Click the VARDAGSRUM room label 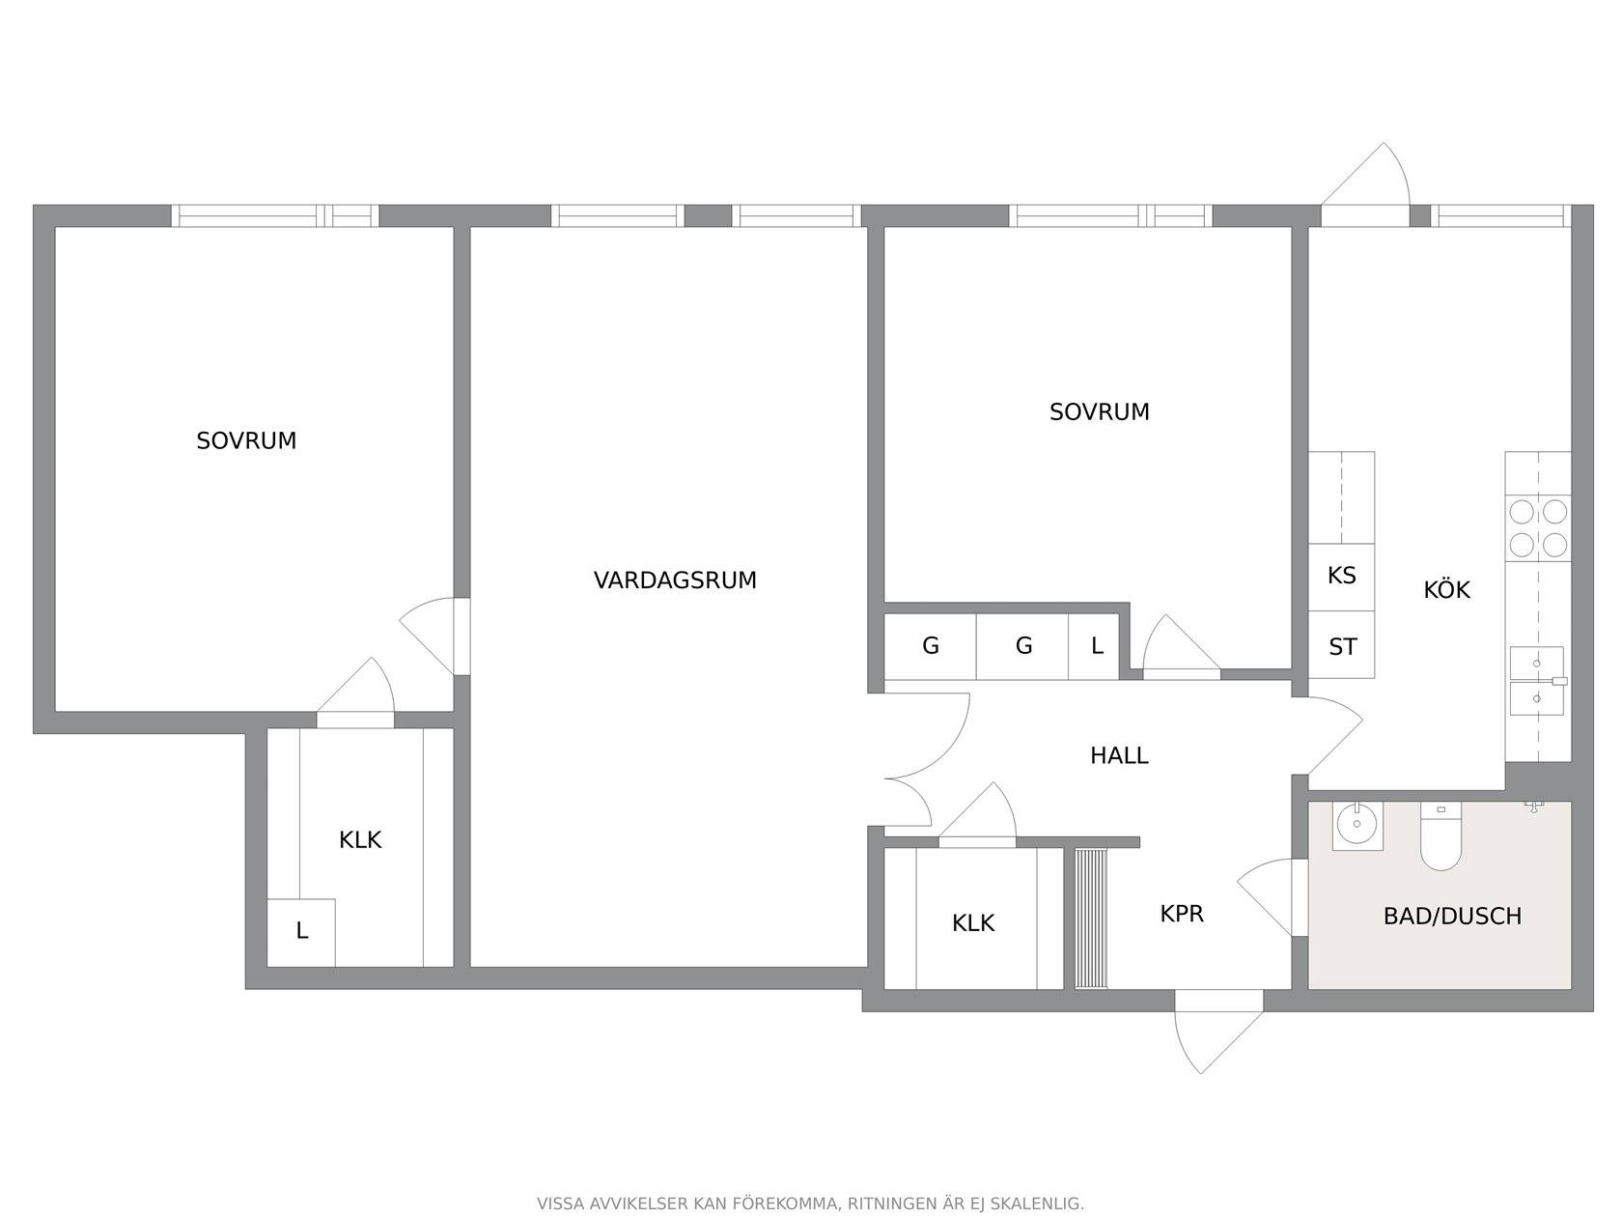[675, 580]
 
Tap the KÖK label [1446, 589]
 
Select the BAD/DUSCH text [1452, 917]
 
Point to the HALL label [1119, 755]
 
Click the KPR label [1182, 914]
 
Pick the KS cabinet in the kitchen [1341, 577]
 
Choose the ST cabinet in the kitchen [1341, 644]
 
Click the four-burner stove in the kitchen [1538, 528]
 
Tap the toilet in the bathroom [1440, 836]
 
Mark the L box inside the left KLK [301, 932]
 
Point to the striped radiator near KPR [1091, 919]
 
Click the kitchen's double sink [1536, 681]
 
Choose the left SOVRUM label [246, 440]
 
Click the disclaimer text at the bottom [810, 1203]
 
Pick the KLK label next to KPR [972, 923]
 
